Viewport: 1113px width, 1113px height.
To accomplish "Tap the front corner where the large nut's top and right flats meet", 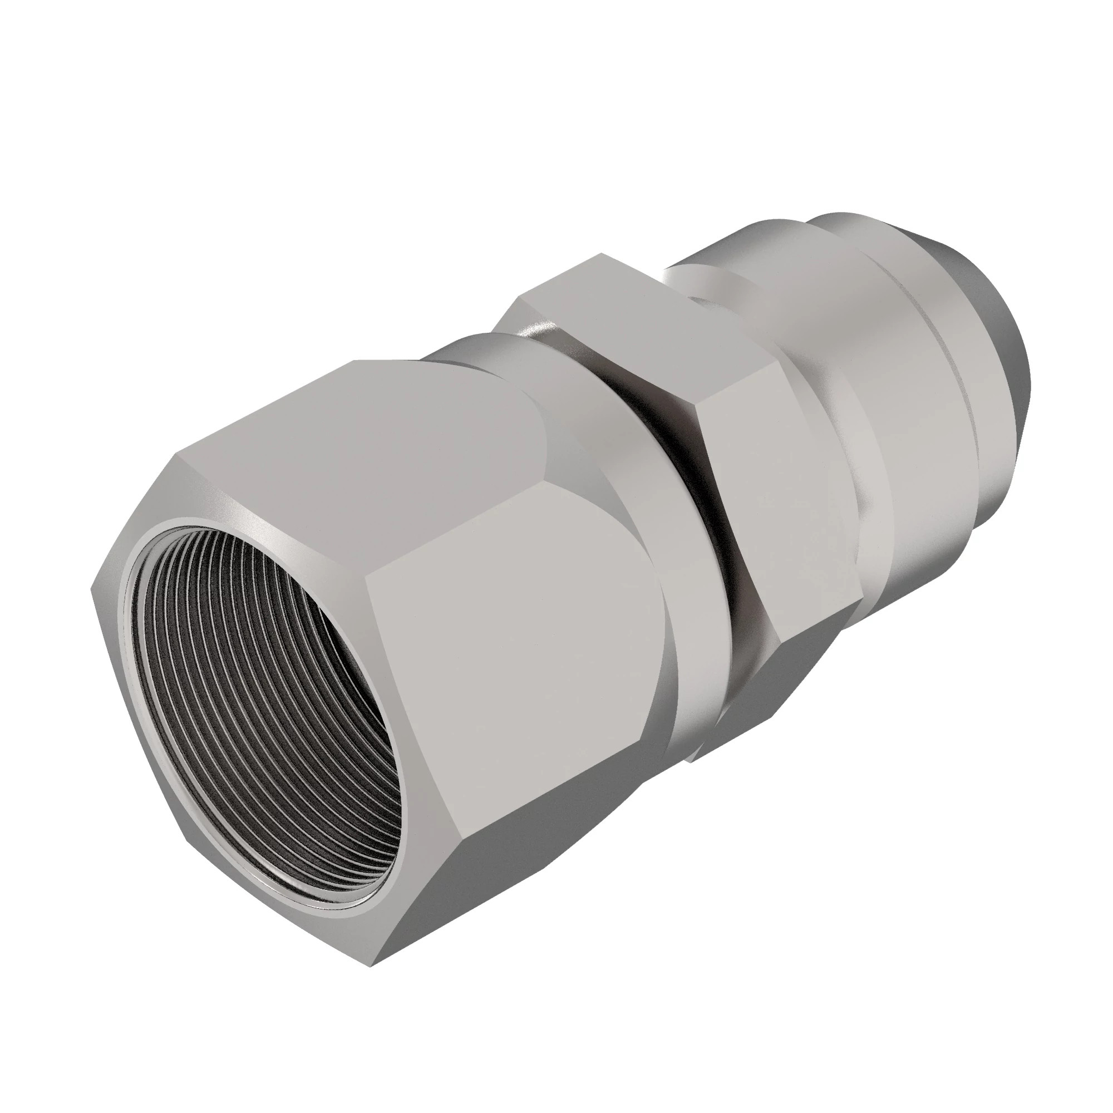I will [x=369, y=570].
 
